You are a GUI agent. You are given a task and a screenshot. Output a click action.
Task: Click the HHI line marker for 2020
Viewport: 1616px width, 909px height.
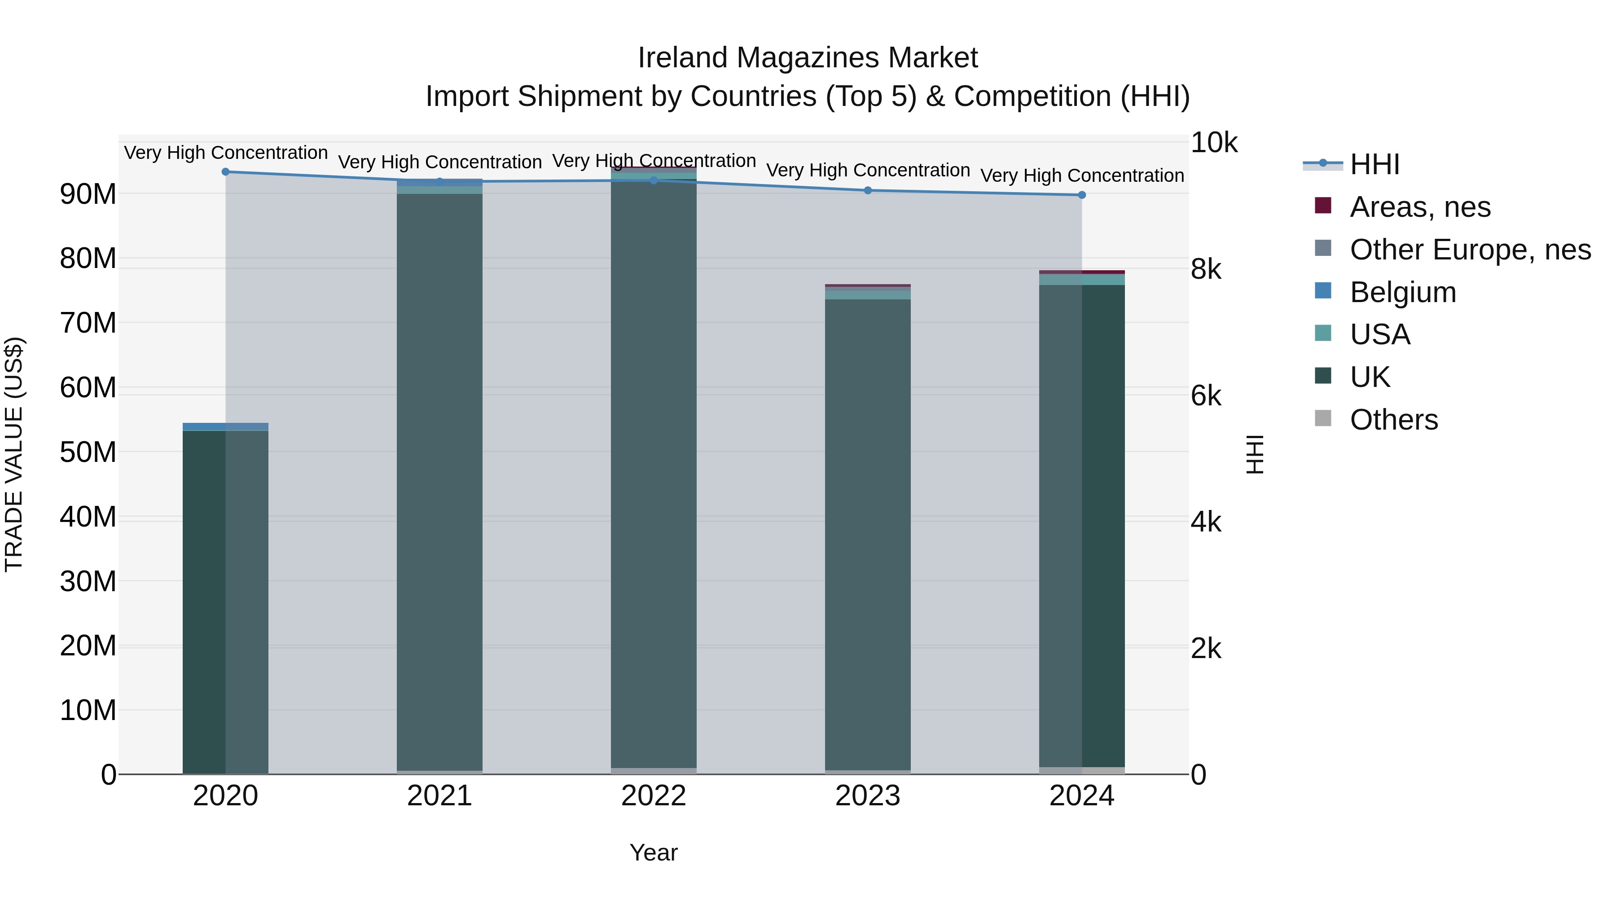(226, 172)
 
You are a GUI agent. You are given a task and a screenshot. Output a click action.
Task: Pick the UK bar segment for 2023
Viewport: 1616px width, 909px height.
(868, 533)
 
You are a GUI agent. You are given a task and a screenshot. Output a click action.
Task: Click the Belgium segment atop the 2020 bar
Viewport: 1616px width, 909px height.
(226, 426)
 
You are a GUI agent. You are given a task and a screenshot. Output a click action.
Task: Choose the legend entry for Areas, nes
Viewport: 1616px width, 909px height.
(1420, 207)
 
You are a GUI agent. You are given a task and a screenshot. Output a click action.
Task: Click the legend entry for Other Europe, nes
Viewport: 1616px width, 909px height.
(1470, 250)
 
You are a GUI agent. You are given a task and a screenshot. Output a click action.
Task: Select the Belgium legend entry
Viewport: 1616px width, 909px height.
(1403, 292)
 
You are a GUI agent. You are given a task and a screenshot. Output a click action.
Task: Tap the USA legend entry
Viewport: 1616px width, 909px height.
(1380, 334)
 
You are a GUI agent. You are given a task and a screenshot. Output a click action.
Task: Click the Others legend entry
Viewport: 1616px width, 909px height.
(1394, 420)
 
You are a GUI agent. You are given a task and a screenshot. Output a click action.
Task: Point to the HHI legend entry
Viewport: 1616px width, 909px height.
(1374, 164)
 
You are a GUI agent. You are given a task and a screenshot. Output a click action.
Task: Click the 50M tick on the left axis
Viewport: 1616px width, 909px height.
(88, 452)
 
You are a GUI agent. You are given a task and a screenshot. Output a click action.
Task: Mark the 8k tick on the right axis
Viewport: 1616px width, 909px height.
(1206, 269)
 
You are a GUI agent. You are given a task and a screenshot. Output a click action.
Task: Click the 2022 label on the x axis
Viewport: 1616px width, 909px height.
(654, 796)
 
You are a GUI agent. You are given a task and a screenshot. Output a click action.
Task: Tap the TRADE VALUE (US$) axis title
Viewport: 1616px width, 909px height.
(14, 454)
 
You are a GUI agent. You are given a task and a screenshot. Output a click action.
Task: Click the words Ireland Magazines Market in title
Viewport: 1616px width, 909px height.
(808, 58)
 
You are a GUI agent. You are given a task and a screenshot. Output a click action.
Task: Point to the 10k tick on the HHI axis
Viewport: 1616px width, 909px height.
(1214, 143)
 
